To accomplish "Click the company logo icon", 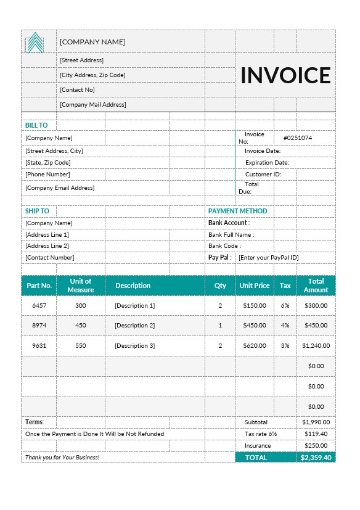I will click(x=35, y=43).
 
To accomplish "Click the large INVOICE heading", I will click(x=285, y=75).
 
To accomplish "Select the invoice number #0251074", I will click(x=297, y=138).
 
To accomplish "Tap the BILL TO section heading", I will click(x=36, y=125).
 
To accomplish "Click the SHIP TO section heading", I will click(x=37, y=211).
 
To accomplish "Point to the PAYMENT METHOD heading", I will click(x=237, y=211).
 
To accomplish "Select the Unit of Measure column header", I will click(x=81, y=286).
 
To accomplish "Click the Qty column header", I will click(x=220, y=286).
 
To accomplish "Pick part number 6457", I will click(x=39, y=305).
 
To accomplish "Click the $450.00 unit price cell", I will click(x=254, y=326).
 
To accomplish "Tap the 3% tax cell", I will click(x=285, y=346).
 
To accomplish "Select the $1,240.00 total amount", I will click(x=316, y=346).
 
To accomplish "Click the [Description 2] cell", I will click(x=134, y=326).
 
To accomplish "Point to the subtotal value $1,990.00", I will click(x=316, y=422).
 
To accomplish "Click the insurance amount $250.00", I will click(x=316, y=446).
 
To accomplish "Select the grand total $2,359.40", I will click(x=316, y=458).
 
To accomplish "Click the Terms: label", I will click(x=34, y=422).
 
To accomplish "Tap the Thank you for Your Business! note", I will click(x=62, y=458).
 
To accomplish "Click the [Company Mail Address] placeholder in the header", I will click(x=92, y=105).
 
